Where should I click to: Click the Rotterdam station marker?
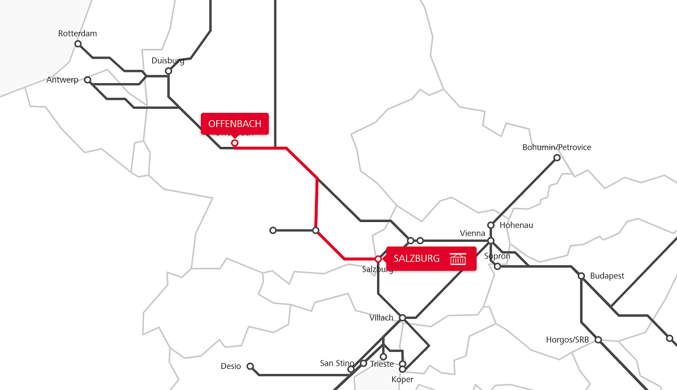(78, 44)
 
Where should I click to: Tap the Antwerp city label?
(62, 80)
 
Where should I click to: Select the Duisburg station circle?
(168, 71)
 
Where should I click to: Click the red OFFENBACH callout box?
(234, 124)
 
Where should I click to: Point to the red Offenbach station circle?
(234, 143)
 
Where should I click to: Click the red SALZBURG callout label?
(416, 258)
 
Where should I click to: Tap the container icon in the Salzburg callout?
(458, 259)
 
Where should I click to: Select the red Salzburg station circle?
(378, 259)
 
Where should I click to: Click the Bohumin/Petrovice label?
(557, 147)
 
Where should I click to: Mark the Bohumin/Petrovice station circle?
(557, 158)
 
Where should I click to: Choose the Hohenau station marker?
(490, 225)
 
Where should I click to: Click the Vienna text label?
(472, 233)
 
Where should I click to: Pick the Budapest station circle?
(581, 276)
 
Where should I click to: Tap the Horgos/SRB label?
(567, 340)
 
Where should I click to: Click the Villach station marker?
(402, 317)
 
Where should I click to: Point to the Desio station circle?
(250, 366)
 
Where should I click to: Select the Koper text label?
(402, 379)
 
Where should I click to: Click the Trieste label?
(382, 364)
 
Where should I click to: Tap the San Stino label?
(337, 363)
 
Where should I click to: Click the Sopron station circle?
(497, 266)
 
